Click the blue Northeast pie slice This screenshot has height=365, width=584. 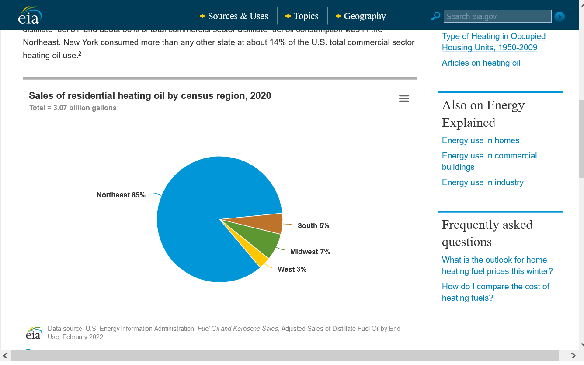[197, 210]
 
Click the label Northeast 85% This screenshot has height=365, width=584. [121, 195]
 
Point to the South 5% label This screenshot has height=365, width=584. [313, 226]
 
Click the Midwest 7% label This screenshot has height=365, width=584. [310, 252]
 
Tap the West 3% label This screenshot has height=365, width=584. [292, 270]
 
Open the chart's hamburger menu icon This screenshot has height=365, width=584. [404, 98]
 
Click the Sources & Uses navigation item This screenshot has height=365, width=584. [234, 16]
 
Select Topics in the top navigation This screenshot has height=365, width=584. [302, 16]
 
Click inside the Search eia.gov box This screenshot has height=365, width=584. [497, 17]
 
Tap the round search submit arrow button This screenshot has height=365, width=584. [560, 17]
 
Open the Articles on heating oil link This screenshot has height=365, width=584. [481, 63]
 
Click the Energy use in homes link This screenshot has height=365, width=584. [480, 140]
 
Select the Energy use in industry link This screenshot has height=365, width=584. [483, 182]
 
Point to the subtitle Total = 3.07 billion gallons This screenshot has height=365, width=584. [73, 108]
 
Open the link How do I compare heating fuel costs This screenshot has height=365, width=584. [495, 292]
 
